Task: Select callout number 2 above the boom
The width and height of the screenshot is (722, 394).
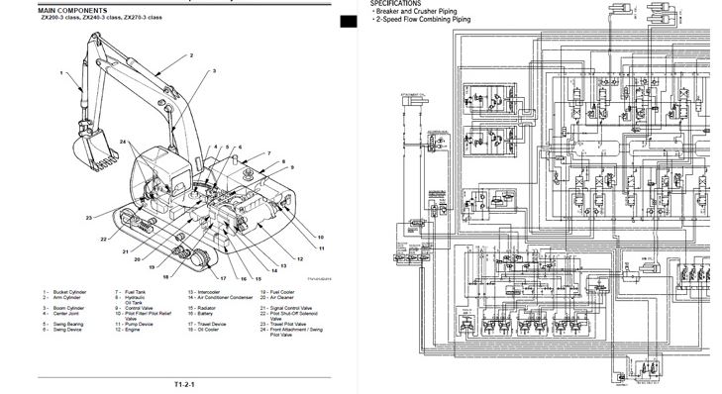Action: (x=189, y=56)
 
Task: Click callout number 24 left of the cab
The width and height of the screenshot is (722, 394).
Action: (x=123, y=143)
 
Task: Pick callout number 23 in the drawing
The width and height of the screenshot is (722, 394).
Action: (x=88, y=217)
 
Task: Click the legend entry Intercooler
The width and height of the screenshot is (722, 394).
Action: (x=207, y=293)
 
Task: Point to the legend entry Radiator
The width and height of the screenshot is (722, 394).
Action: (x=207, y=309)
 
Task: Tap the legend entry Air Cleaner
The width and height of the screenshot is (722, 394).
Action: (x=280, y=298)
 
